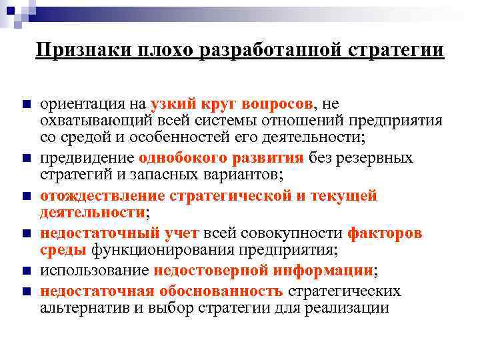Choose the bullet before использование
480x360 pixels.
click(x=25, y=272)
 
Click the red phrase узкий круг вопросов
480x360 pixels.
click(x=232, y=103)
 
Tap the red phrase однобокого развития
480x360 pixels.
click(x=221, y=158)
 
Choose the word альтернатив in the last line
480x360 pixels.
click(x=79, y=308)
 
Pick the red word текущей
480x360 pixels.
click(x=344, y=196)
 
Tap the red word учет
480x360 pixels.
click(x=181, y=233)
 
